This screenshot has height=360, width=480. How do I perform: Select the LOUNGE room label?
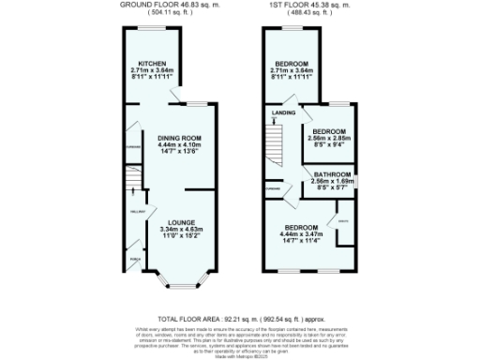tap(174, 221)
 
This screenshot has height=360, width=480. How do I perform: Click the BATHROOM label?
tap(332, 174)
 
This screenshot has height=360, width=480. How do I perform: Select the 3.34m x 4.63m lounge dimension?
tap(174, 229)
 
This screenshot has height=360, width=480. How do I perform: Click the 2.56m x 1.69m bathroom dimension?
tap(332, 181)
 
